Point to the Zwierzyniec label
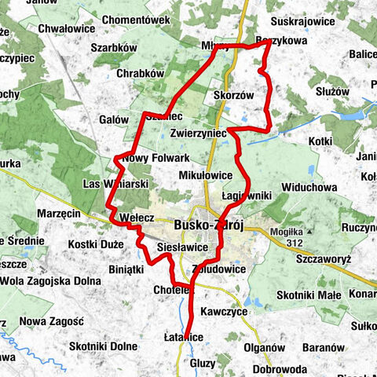(x=197, y=134)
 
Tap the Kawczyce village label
(x=224, y=312)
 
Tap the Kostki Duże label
(x=97, y=244)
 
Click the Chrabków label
(x=140, y=73)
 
